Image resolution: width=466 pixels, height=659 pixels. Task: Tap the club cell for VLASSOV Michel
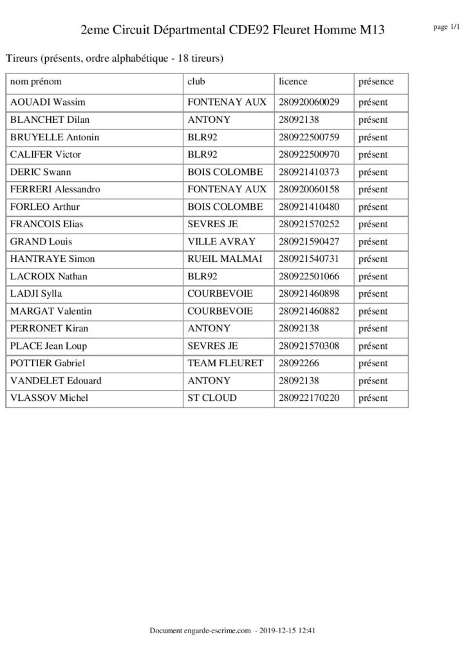[212, 398]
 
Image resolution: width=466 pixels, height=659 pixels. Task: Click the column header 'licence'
[293, 82]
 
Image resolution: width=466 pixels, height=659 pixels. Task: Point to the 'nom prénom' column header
[36, 82]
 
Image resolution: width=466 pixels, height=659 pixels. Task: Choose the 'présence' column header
[376, 82]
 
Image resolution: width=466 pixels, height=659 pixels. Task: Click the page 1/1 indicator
[447, 27]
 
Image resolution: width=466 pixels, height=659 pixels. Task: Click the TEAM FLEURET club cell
[225, 364]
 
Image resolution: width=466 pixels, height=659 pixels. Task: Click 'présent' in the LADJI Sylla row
[373, 294]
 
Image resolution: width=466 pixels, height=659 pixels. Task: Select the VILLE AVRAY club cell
[221, 242]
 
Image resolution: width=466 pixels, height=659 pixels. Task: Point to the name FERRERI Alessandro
[55, 190]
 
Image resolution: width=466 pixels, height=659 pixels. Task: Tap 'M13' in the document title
[372, 30]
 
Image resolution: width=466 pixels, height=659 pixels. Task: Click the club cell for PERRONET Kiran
[209, 329]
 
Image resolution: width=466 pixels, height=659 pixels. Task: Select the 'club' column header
[196, 82]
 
